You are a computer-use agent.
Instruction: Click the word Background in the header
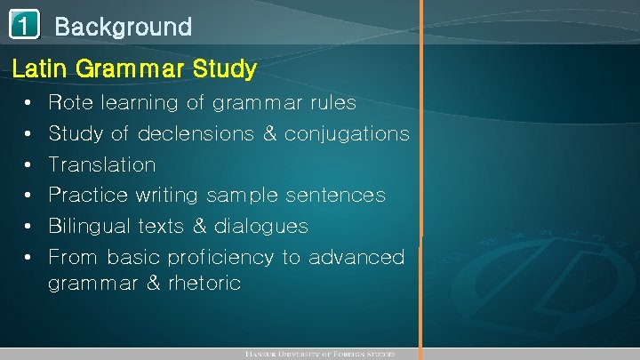(123, 27)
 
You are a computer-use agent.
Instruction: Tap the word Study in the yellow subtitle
(226, 68)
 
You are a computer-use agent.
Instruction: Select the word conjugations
(353, 134)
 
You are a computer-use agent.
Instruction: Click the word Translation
(101, 164)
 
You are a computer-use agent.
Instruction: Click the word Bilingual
(90, 226)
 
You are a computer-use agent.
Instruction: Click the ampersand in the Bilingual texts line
(199, 226)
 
